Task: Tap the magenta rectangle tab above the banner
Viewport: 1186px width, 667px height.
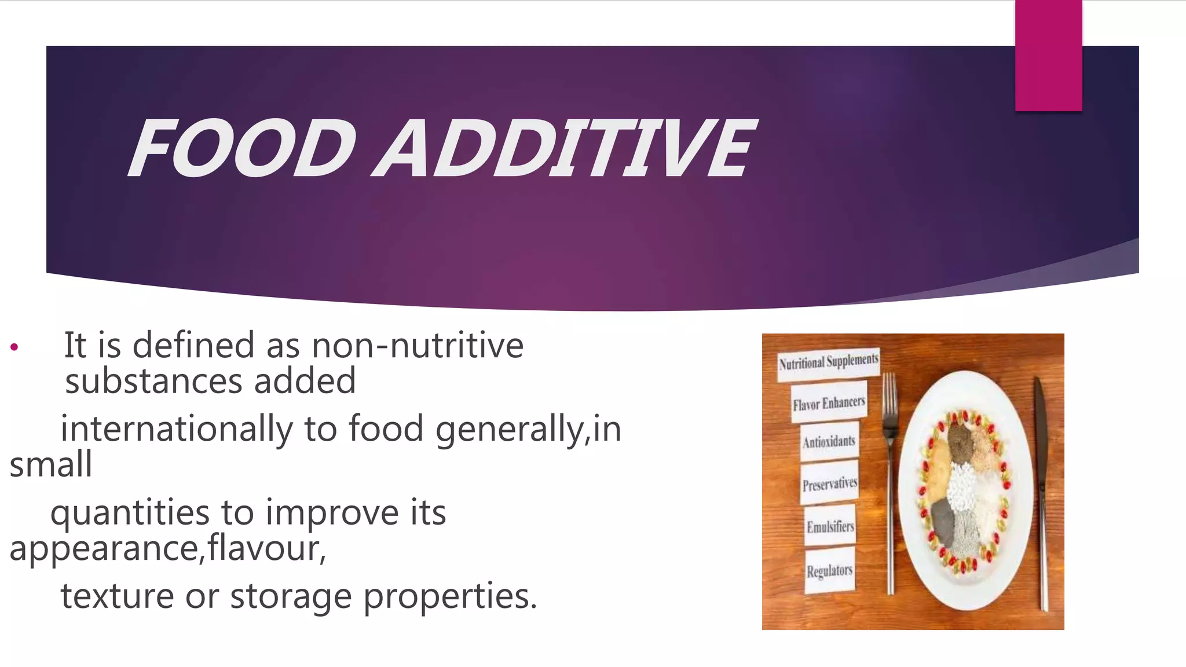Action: (x=1048, y=56)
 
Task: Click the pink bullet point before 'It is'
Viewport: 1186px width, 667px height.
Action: (x=14, y=348)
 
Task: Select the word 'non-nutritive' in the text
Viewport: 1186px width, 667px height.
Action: (x=418, y=346)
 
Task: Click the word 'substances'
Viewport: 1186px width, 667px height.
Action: (x=153, y=382)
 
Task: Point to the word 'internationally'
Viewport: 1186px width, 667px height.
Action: (x=177, y=429)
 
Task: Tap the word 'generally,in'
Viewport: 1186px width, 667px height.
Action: (x=528, y=429)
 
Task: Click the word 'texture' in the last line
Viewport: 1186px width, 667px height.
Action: (x=117, y=596)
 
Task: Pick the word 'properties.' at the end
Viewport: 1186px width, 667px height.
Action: (x=450, y=596)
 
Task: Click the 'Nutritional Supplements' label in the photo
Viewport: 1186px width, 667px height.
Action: (x=828, y=363)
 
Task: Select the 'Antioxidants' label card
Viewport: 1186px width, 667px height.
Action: (x=829, y=442)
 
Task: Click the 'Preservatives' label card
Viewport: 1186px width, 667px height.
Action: (x=829, y=483)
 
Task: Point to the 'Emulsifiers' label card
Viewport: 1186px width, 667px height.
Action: (x=830, y=526)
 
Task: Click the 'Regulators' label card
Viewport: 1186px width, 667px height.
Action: (x=829, y=571)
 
